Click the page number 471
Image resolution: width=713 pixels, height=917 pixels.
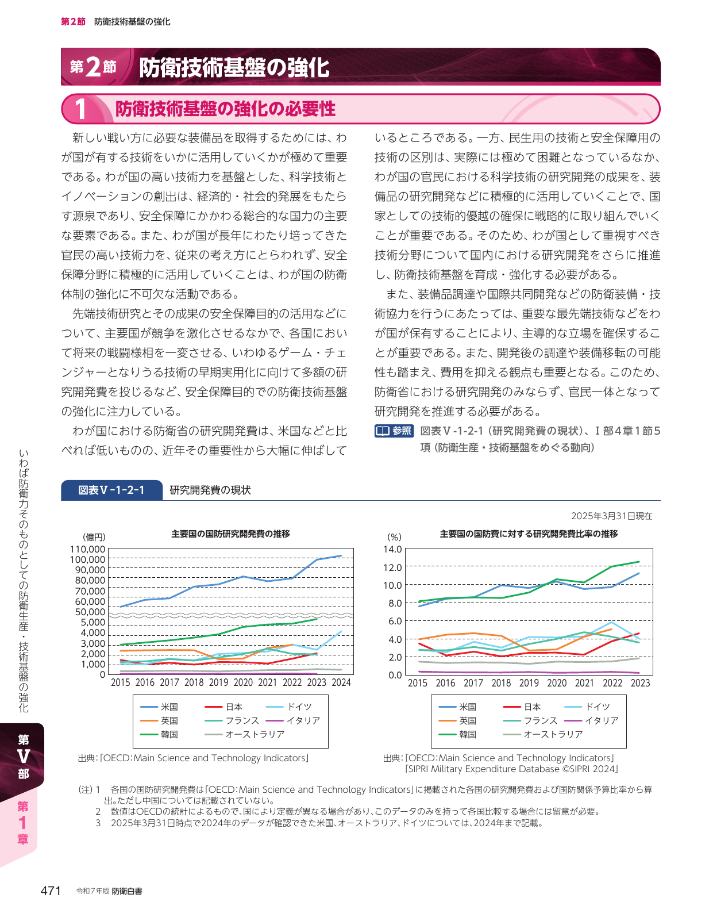(51, 891)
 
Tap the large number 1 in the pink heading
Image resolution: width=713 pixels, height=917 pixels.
(80, 109)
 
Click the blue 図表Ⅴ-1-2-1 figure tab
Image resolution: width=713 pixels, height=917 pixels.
(111, 490)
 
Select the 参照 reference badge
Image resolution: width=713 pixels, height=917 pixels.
(394, 431)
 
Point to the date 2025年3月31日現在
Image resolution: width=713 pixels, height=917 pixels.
(611, 516)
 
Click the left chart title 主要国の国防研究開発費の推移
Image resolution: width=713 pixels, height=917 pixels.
(230, 534)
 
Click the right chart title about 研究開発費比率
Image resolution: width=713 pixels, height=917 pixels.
(529, 534)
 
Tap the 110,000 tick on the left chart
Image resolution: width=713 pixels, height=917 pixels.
(88, 549)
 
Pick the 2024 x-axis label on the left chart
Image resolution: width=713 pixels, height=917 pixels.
(341, 682)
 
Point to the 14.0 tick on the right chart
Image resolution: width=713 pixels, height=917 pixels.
(392, 549)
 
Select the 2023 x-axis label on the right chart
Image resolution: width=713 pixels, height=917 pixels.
(640, 683)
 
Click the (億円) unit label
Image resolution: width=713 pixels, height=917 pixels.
(94, 537)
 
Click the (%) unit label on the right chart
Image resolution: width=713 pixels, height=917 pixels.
(394, 537)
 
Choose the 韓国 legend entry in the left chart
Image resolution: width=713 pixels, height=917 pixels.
(159, 734)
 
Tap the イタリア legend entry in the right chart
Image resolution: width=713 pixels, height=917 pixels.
(592, 720)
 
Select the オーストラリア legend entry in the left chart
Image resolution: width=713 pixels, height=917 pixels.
(245, 734)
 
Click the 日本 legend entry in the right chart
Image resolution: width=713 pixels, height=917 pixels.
(522, 707)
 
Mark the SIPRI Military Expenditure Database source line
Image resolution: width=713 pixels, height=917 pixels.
(511, 769)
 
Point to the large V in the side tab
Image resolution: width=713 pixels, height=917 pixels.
(23, 757)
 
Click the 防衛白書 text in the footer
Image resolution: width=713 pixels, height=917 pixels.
(127, 891)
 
